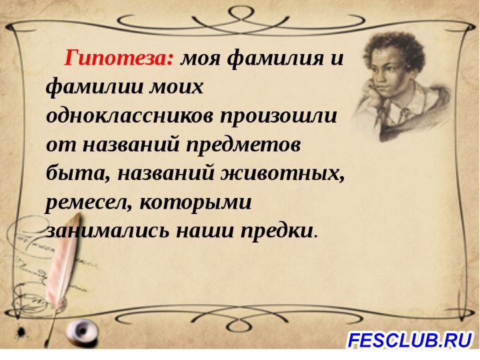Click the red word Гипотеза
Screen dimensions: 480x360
(119, 58)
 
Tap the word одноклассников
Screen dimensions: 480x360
(129, 116)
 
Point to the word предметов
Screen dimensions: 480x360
(243, 146)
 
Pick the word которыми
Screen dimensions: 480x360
(195, 203)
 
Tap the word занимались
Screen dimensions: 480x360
(107, 232)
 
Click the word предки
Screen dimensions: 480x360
(277, 231)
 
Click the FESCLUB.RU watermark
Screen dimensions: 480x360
(409, 341)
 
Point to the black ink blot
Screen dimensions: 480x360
(22, 331)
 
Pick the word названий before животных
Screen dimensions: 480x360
(165, 173)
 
